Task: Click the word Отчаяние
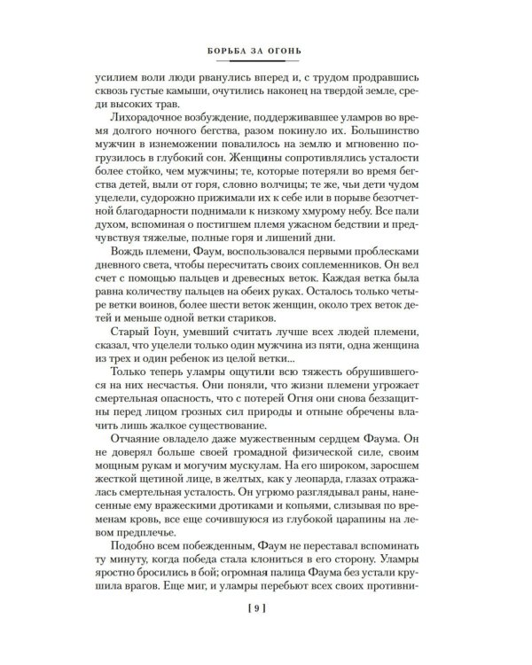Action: click(x=134, y=468)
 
